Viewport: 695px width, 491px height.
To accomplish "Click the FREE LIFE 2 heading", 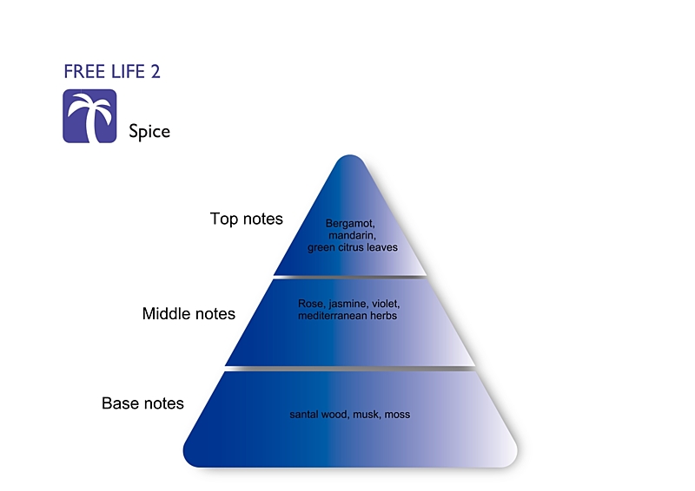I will point(112,72).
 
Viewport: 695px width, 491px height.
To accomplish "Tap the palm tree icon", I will point(89,116).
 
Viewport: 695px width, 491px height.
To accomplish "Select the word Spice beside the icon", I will point(149,132).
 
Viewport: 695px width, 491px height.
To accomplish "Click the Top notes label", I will point(247,219).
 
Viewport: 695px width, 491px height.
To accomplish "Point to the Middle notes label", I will point(189,314).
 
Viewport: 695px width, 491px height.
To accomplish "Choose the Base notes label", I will point(142,403).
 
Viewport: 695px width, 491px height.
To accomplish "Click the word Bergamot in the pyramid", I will point(349,223).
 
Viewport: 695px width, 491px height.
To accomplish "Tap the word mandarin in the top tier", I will point(351,235).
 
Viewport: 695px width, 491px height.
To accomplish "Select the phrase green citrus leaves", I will point(352,247).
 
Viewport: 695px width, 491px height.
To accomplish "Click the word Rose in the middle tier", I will point(309,304).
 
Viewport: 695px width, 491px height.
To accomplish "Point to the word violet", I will point(387,304).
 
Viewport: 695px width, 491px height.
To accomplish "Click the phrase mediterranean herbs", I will point(347,317).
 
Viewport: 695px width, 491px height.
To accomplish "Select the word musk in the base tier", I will point(368,415).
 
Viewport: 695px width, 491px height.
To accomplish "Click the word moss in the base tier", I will point(397,415).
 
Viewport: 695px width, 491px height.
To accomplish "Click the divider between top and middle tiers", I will point(349,276).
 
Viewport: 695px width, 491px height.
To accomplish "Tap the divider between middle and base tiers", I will point(349,368).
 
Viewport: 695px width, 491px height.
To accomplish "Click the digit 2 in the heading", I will point(155,72).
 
